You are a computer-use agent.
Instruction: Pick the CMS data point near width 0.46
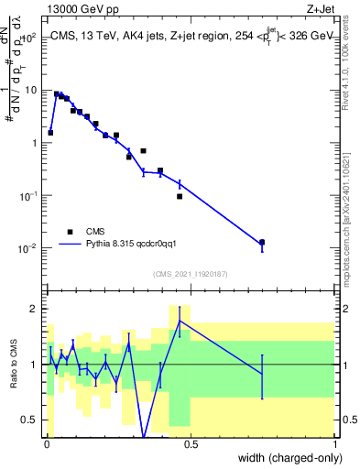coord(180,196)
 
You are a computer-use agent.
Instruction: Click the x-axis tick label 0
coord(46,444)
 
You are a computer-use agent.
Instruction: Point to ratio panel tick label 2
coord(35,309)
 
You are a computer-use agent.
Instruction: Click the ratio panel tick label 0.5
coord(31,420)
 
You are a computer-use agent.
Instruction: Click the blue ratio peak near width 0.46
coord(180,321)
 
